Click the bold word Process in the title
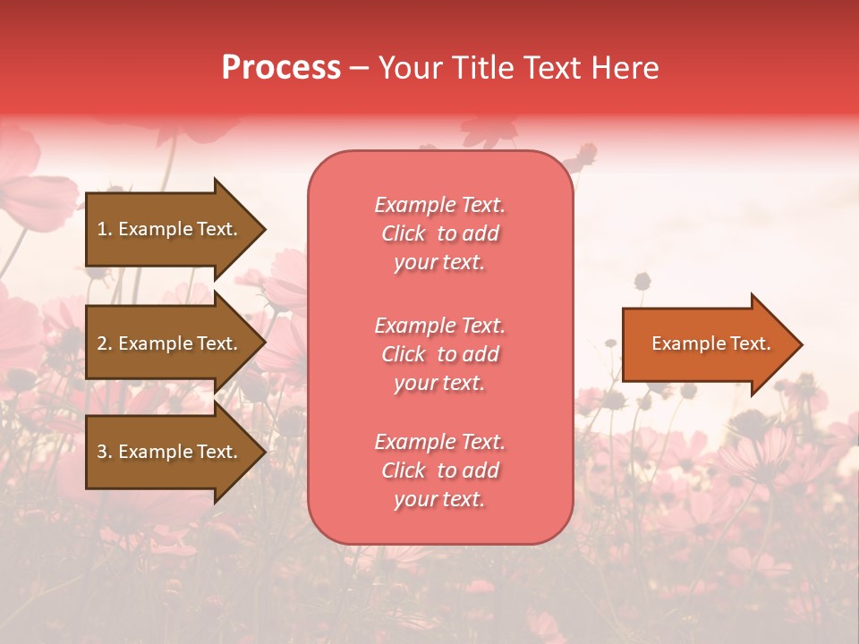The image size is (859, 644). (281, 68)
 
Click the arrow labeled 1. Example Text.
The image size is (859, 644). (168, 229)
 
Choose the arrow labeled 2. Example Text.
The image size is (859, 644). (168, 343)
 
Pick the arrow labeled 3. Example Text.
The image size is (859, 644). (168, 452)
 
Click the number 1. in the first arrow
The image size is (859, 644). (105, 229)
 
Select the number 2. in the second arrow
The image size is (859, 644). (105, 343)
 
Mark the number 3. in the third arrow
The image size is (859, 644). (105, 452)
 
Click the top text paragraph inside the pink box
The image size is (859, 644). (439, 233)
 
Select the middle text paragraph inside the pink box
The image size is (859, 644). (439, 354)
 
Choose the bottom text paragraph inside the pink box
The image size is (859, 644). (439, 470)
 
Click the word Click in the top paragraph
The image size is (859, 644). (404, 233)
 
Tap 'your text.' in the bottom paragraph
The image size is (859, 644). (439, 499)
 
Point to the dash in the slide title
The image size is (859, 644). (360, 68)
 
